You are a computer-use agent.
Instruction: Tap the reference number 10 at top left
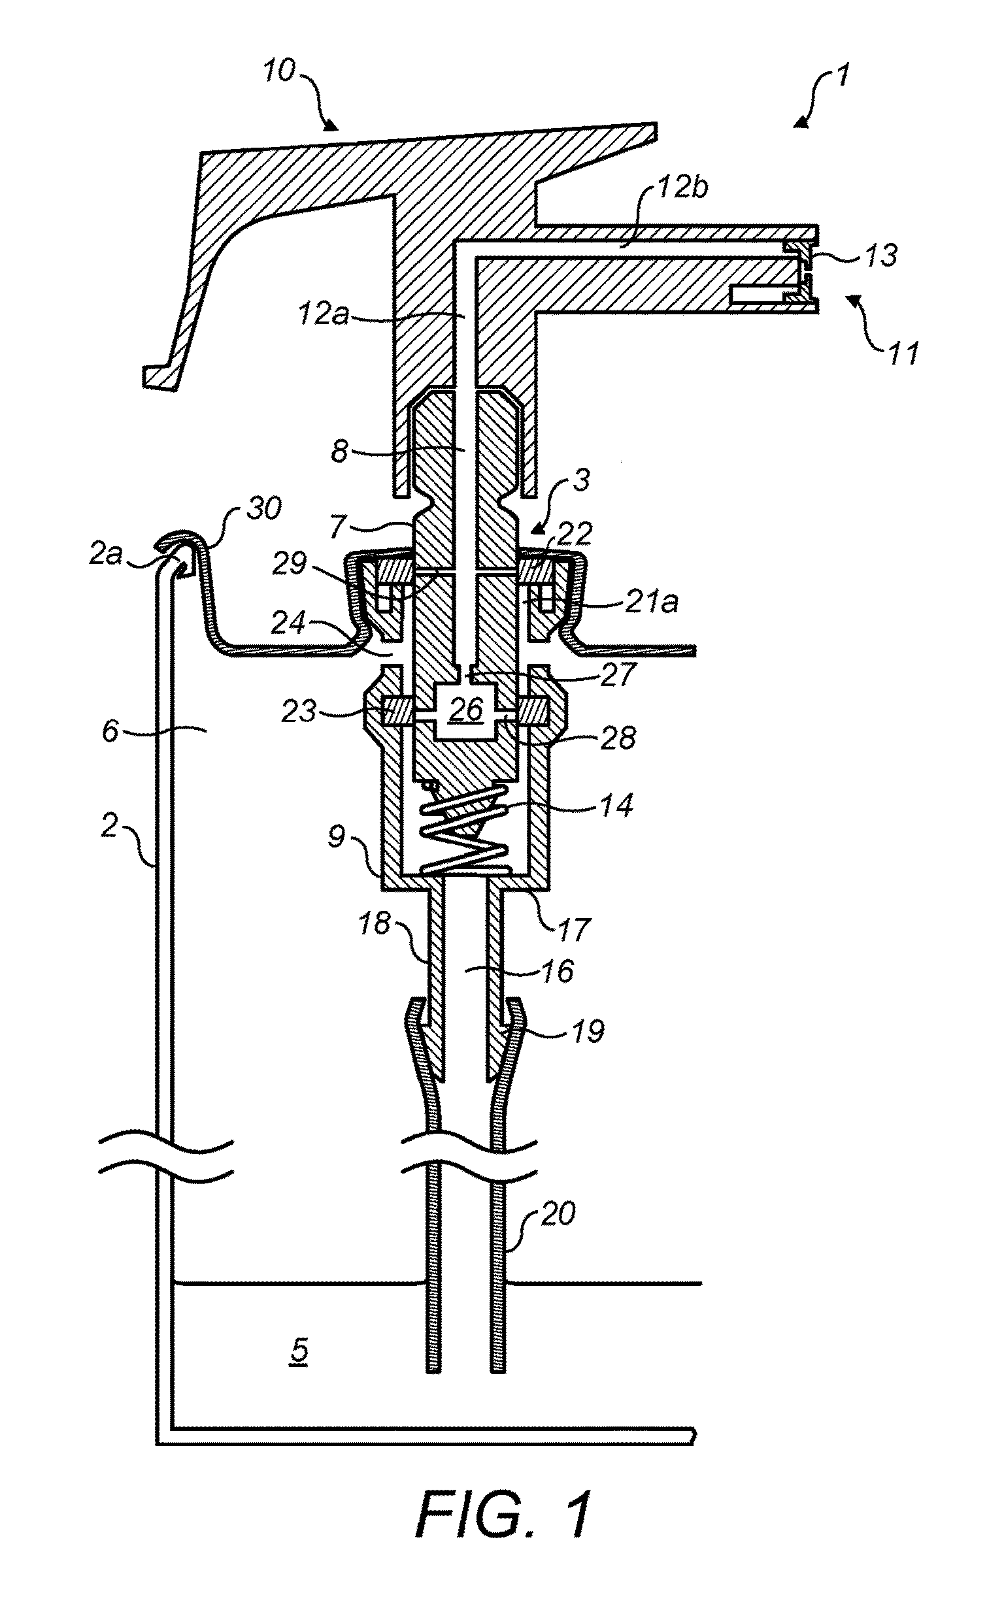(279, 69)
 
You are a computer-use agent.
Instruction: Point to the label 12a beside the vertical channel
(323, 313)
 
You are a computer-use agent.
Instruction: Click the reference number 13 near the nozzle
(881, 255)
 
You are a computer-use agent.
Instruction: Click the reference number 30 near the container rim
(263, 509)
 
